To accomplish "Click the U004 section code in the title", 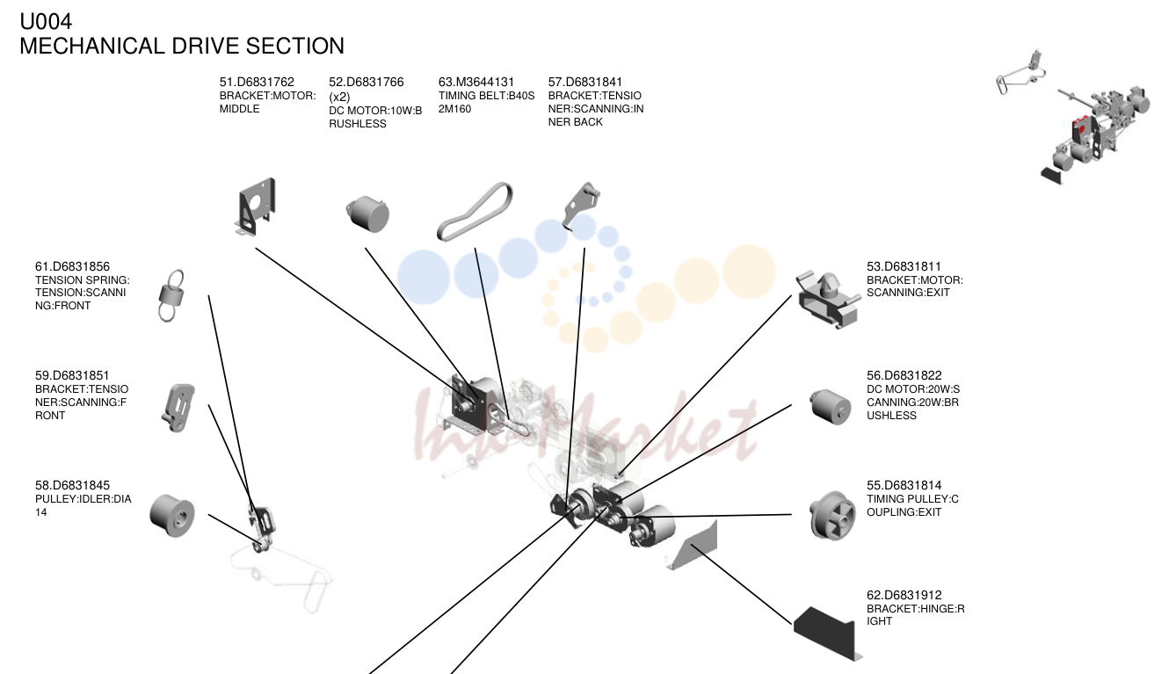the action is (x=46, y=21).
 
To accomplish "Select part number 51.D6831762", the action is (x=257, y=82).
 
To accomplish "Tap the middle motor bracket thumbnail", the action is (x=255, y=207).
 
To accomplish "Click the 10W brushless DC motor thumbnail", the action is (x=367, y=214).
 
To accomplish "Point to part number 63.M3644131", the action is (x=476, y=82).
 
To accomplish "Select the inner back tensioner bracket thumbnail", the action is (x=581, y=206).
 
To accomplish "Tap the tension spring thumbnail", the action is (x=171, y=295).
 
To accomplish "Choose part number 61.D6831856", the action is (x=72, y=266).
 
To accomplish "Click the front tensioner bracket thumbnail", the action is (x=178, y=408).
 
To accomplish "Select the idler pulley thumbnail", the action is (x=172, y=515).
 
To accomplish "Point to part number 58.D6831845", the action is (x=72, y=485).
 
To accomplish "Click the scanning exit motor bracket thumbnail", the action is (x=828, y=299).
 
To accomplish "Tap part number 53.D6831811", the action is (x=904, y=266).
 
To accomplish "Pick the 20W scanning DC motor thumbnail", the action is (x=830, y=407).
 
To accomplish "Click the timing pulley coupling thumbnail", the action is (x=832, y=515).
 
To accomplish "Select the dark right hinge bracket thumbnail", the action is (x=827, y=633).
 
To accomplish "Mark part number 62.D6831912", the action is (x=904, y=595).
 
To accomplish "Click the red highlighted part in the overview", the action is (x=1079, y=127).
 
